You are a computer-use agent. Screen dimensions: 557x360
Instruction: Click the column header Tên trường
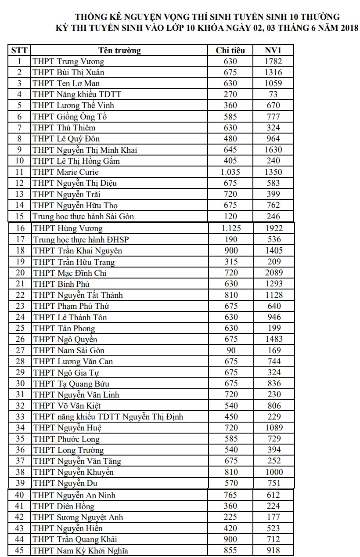pyautogui.click(x=119, y=51)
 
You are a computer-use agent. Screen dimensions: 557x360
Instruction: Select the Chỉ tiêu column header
pyautogui.click(x=230, y=51)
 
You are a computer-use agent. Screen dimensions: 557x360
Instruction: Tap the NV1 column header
pyautogui.click(x=273, y=51)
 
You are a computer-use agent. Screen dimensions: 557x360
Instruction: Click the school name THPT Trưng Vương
pyautogui.click(x=68, y=61)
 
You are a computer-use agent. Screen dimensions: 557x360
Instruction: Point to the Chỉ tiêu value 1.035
pyautogui.click(x=230, y=172)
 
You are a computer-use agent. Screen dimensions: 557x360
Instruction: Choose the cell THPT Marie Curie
pyautogui.click(x=66, y=172)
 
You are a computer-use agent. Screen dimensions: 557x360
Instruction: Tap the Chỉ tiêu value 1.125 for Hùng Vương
pyautogui.click(x=231, y=228)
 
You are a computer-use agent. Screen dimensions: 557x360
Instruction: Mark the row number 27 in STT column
pyautogui.click(x=20, y=351)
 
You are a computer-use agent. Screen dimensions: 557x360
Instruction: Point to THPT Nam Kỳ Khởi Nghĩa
pyautogui.click(x=80, y=551)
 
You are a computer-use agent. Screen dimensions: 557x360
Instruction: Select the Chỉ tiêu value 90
pyautogui.click(x=231, y=351)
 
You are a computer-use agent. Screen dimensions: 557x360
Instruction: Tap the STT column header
pyautogui.click(x=19, y=51)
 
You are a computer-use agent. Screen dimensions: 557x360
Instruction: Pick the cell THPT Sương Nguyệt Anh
pyautogui.click(x=78, y=517)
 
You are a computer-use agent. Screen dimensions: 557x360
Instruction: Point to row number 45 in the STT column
pyautogui.click(x=20, y=551)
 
